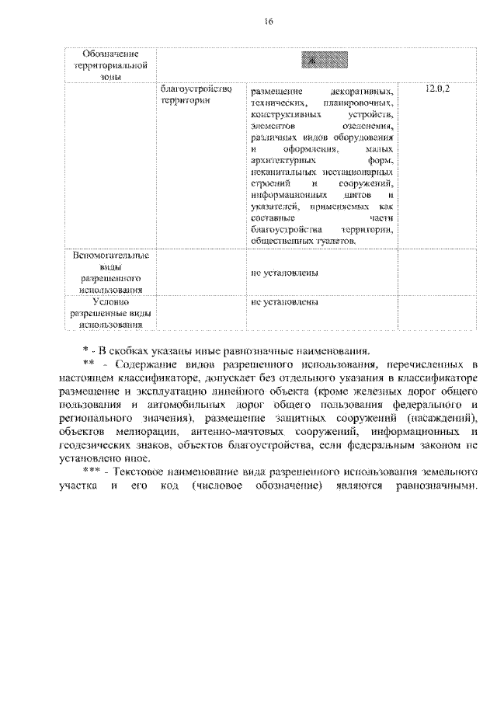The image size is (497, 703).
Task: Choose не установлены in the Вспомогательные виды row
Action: (284, 273)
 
